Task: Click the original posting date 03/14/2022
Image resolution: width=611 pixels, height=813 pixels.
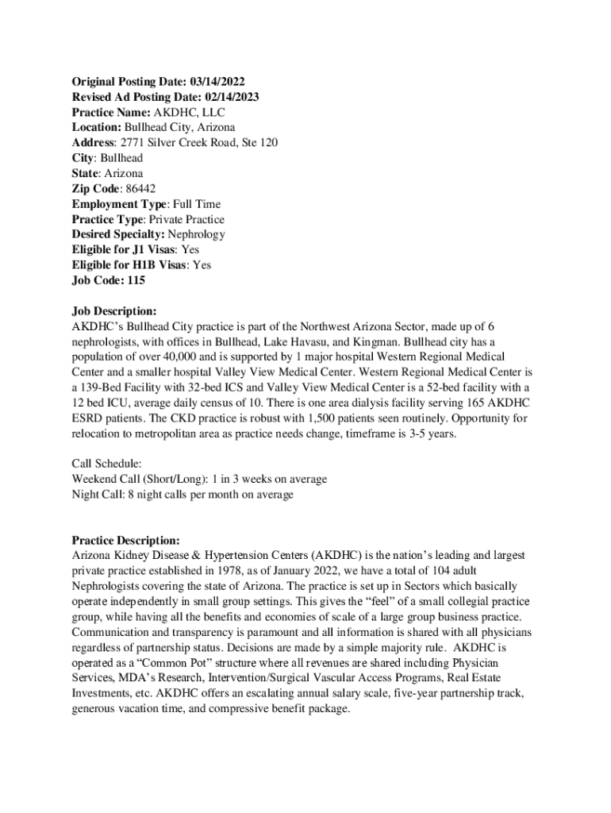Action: [x=215, y=82]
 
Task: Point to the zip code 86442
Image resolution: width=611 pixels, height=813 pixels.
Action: [x=140, y=188]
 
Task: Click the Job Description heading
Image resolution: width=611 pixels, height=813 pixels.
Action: [x=114, y=311]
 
